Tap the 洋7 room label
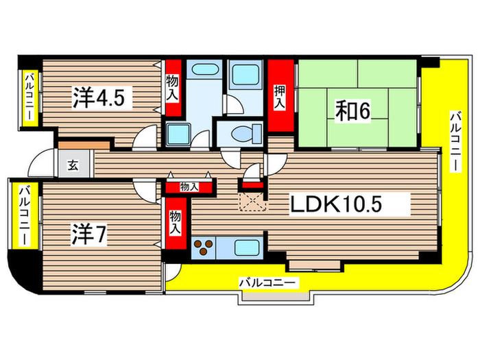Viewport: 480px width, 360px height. tap(88, 236)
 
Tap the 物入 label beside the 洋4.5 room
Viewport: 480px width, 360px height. tap(173, 88)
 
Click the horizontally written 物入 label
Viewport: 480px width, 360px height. tap(189, 187)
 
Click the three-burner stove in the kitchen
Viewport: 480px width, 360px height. tap(203, 248)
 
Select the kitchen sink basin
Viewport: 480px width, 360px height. tap(248, 248)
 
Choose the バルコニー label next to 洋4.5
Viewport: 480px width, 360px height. tap(30, 99)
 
